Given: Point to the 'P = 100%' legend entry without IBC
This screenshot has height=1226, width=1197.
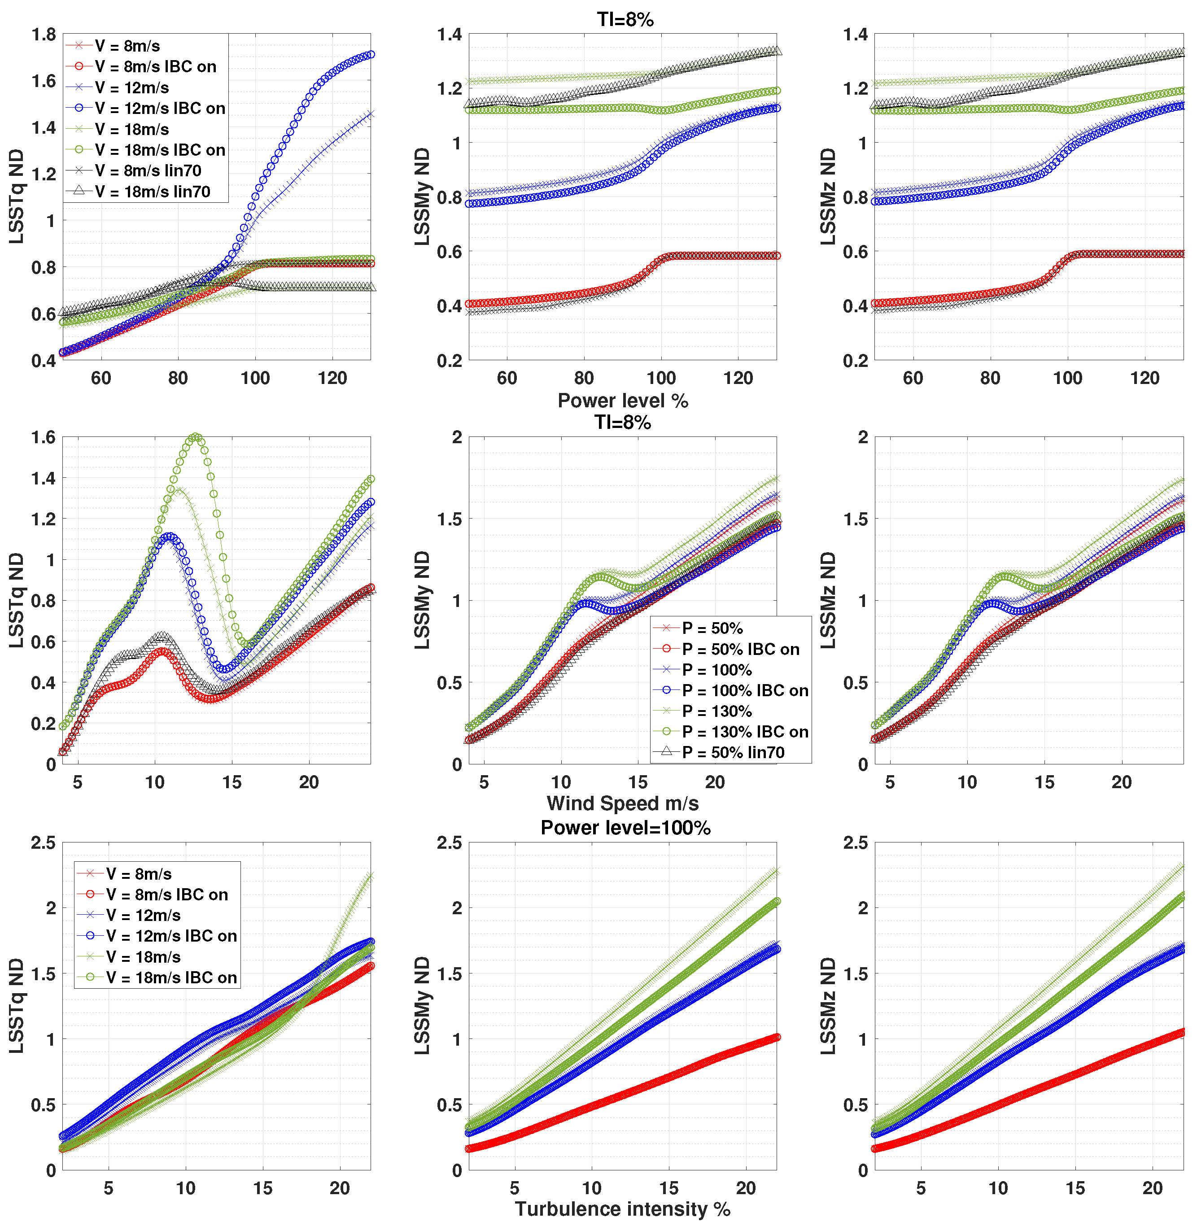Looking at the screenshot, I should coord(716,670).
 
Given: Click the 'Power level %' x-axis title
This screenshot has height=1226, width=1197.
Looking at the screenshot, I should coord(622,401).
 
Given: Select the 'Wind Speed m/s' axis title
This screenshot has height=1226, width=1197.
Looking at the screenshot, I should coord(622,803).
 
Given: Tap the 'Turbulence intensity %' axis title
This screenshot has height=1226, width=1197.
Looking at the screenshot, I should coord(622,1209).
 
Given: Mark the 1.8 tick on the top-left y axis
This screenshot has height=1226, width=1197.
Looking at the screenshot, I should coord(44,35).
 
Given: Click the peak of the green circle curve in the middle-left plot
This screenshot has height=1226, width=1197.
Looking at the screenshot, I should coord(196,437).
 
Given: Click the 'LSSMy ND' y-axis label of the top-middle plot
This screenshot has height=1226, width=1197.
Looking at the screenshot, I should coord(423,197).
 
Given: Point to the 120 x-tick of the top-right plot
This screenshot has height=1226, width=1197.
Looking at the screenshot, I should coord(1145,379).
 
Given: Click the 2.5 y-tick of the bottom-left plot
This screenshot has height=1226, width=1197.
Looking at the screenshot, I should coord(44,843).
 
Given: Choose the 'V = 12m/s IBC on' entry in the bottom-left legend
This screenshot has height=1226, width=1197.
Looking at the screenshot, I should coord(171,936).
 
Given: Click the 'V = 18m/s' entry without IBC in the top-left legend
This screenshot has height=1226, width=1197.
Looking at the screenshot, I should coord(132,130).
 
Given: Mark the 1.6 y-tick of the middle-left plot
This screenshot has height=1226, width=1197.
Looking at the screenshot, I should coord(44,437).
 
